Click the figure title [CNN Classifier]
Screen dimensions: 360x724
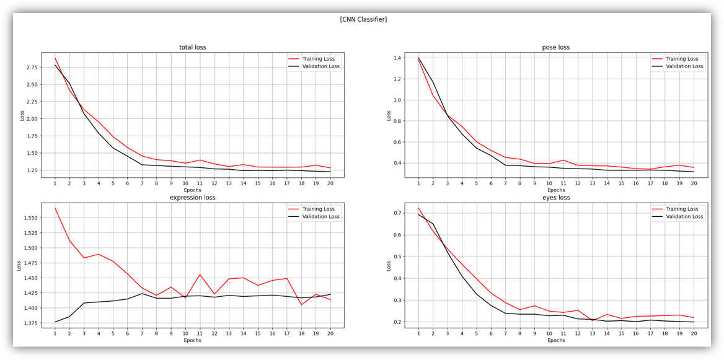coord(363,19)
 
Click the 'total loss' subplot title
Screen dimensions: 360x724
coord(192,47)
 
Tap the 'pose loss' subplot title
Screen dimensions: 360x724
coord(555,47)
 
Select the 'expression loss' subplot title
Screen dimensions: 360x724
coord(192,198)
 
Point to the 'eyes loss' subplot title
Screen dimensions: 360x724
coord(555,198)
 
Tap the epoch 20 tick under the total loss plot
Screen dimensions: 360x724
coord(330,183)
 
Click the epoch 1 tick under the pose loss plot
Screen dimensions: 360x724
coord(418,183)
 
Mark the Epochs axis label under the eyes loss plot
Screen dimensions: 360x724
coord(555,340)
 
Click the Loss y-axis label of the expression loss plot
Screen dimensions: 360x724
coord(19,265)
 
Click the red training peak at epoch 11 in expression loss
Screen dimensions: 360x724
coord(200,274)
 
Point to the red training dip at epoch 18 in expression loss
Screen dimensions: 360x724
coord(301,304)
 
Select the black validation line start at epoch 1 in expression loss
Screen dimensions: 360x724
coord(55,322)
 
